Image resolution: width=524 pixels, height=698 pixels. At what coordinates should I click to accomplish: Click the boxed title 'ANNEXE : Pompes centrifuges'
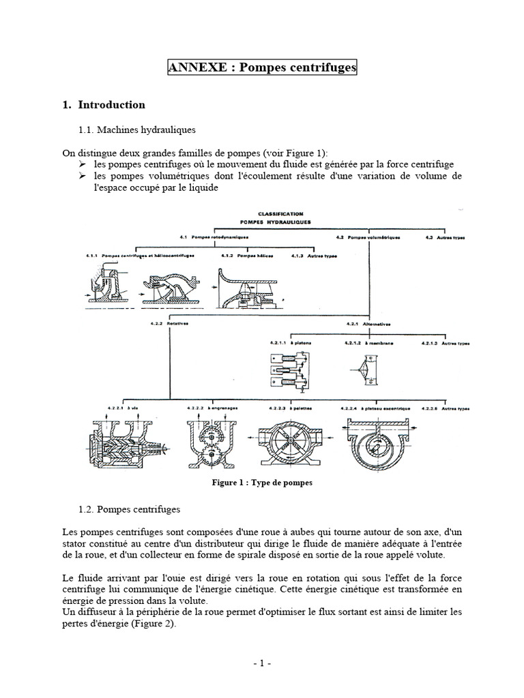(x=262, y=68)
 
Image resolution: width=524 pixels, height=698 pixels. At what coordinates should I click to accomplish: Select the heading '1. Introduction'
(x=103, y=105)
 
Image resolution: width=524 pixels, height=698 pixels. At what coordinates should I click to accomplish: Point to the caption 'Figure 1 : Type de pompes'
(x=261, y=482)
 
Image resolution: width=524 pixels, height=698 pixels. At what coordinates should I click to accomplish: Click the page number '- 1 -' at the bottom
(x=261, y=663)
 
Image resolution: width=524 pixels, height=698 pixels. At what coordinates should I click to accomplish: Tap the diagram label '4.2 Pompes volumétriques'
(x=368, y=238)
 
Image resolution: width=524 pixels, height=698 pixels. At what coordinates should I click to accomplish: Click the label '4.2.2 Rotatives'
(x=169, y=324)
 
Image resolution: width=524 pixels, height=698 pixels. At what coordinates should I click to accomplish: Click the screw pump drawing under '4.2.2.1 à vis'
(x=121, y=443)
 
